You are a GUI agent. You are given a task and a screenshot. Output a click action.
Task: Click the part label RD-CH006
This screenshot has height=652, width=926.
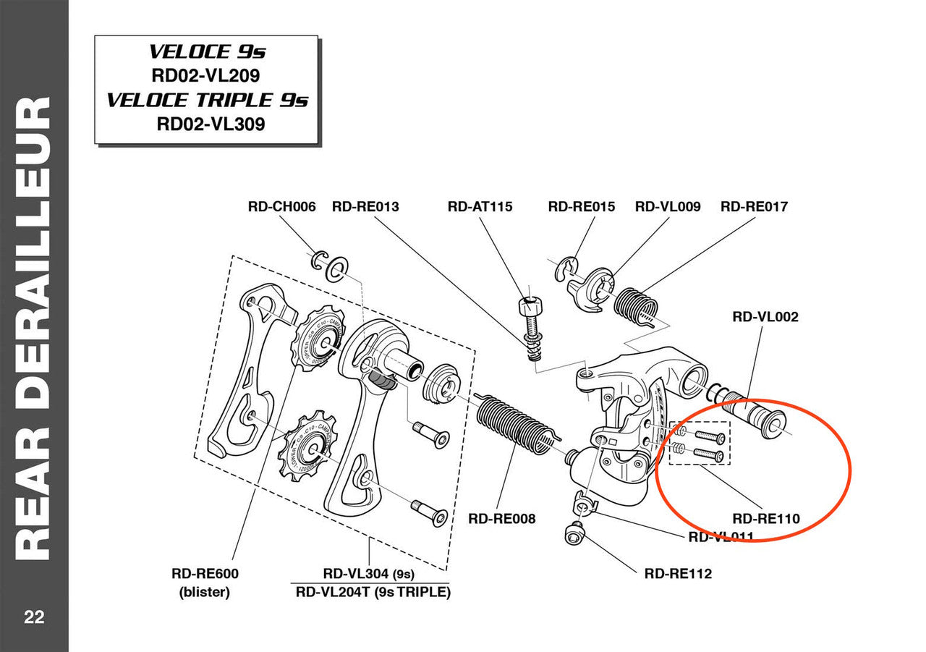[281, 207]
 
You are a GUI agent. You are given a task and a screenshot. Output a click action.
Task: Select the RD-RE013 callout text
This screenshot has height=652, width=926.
[365, 207]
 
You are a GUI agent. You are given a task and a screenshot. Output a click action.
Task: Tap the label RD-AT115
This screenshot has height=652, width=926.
[480, 207]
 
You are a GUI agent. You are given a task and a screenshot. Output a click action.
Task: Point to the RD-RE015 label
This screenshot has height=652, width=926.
[582, 207]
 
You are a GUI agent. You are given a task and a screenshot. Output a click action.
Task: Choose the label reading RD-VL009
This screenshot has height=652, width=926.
[668, 207]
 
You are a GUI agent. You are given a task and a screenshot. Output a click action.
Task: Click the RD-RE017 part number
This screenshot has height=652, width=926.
[754, 207]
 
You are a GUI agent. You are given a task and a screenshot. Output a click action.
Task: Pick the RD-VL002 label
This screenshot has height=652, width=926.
[765, 316]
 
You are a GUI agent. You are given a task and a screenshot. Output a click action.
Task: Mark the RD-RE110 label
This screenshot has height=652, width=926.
[766, 519]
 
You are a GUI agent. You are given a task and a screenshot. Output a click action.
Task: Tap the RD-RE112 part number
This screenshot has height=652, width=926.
[678, 574]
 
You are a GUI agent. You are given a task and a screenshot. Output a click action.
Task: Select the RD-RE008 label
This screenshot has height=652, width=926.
[502, 519]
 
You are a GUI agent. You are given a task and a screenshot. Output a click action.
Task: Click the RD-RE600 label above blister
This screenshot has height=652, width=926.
[205, 574]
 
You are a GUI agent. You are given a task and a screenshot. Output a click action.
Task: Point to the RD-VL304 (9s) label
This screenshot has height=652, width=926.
[369, 574]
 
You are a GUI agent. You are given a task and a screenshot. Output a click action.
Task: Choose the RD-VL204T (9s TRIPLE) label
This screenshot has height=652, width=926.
[373, 592]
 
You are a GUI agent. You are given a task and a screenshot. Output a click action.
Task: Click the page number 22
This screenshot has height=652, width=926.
[34, 617]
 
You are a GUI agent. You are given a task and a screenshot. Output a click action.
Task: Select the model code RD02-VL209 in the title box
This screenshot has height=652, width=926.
[205, 75]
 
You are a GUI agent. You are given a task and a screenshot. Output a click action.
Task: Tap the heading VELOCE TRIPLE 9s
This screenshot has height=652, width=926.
[207, 100]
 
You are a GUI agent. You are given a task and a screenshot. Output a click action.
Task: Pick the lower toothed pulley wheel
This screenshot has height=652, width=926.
[307, 446]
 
